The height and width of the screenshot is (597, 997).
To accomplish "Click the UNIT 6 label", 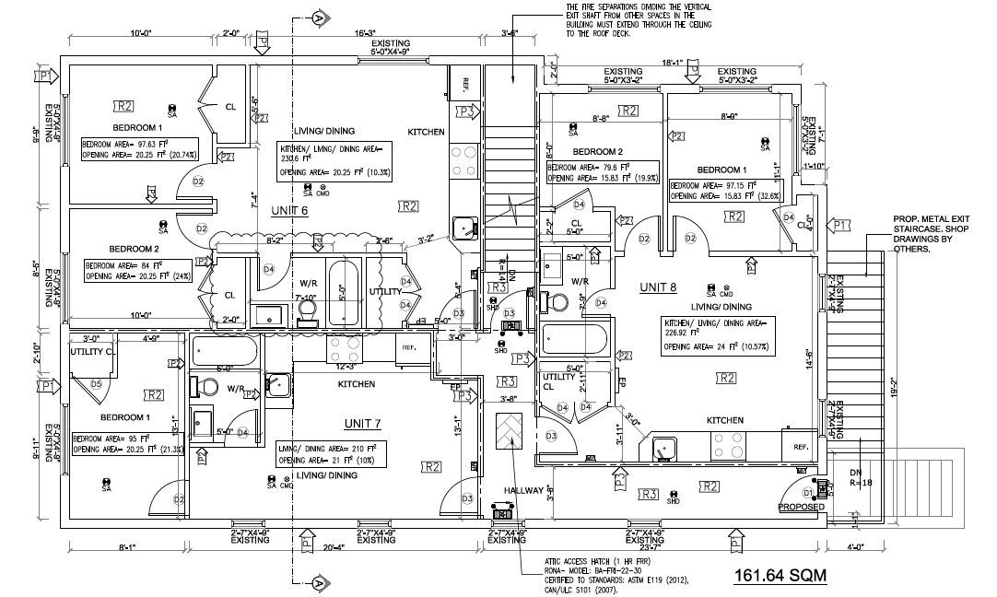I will (x=288, y=211).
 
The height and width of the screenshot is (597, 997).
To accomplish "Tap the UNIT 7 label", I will (x=363, y=423).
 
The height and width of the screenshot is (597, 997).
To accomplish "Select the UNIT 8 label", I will (x=659, y=287).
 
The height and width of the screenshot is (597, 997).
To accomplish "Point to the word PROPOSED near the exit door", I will (x=801, y=507).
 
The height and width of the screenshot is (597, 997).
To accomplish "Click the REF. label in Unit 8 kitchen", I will (x=800, y=447).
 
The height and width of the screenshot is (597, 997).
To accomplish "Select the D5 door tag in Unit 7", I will (x=97, y=384).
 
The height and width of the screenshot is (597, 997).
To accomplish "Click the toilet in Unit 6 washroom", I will (x=307, y=314).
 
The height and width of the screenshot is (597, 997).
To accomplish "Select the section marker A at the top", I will (x=320, y=17).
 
